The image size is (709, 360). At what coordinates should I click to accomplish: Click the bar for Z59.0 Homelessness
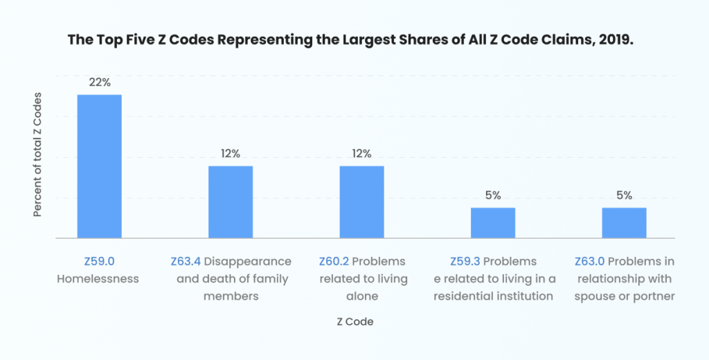[99, 166]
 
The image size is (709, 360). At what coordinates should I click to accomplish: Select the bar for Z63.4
[231, 202]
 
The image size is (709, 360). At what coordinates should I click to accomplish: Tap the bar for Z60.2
[361, 202]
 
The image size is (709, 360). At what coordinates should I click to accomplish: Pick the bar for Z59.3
[493, 223]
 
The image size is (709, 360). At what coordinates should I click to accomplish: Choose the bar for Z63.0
[624, 223]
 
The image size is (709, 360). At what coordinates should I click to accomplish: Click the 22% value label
[99, 82]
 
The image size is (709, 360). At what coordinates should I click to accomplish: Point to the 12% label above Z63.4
[231, 154]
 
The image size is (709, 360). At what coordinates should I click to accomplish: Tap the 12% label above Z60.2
[361, 154]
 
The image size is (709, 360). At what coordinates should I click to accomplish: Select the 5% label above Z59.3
[493, 195]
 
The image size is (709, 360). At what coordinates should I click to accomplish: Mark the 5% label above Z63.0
[624, 195]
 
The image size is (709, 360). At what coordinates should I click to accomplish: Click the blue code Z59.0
[98, 262]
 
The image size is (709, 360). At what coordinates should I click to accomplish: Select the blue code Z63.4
[186, 262]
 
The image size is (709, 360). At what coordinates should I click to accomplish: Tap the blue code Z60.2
[334, 262]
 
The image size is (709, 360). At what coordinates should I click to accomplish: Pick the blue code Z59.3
[465, 262]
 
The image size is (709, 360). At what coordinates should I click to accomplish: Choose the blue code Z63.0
[590, 262]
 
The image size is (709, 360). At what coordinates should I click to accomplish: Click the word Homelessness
[98, 279]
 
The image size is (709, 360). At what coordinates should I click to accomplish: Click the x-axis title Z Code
[354, 322]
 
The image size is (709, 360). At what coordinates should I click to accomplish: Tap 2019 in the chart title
[618, 39]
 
